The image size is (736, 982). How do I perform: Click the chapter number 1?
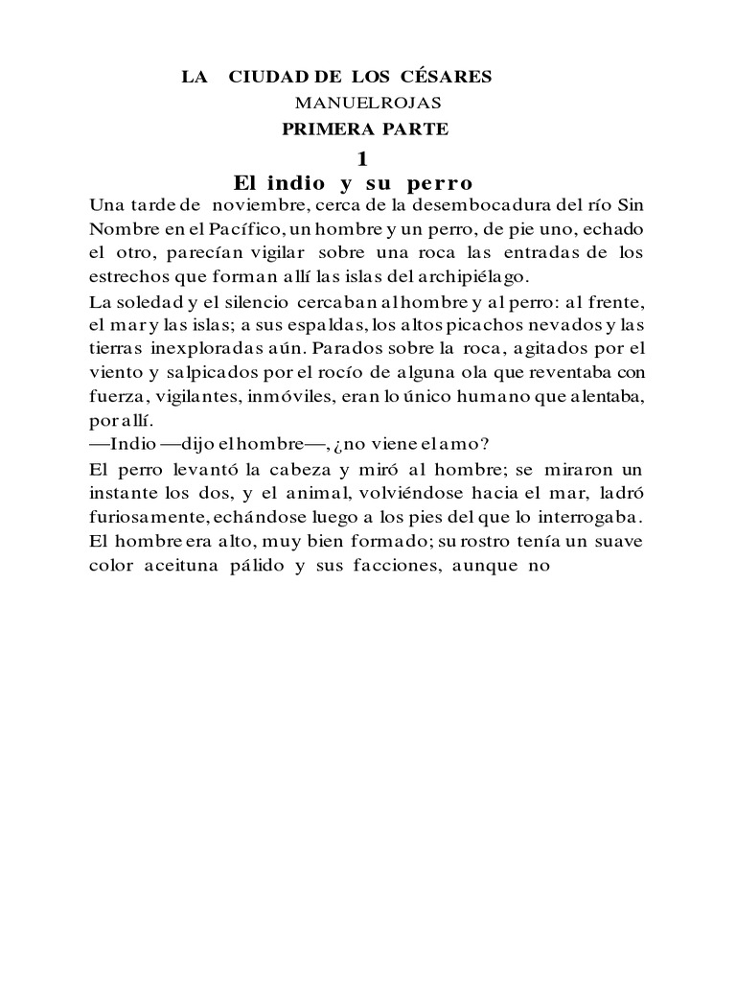pos(360,158)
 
